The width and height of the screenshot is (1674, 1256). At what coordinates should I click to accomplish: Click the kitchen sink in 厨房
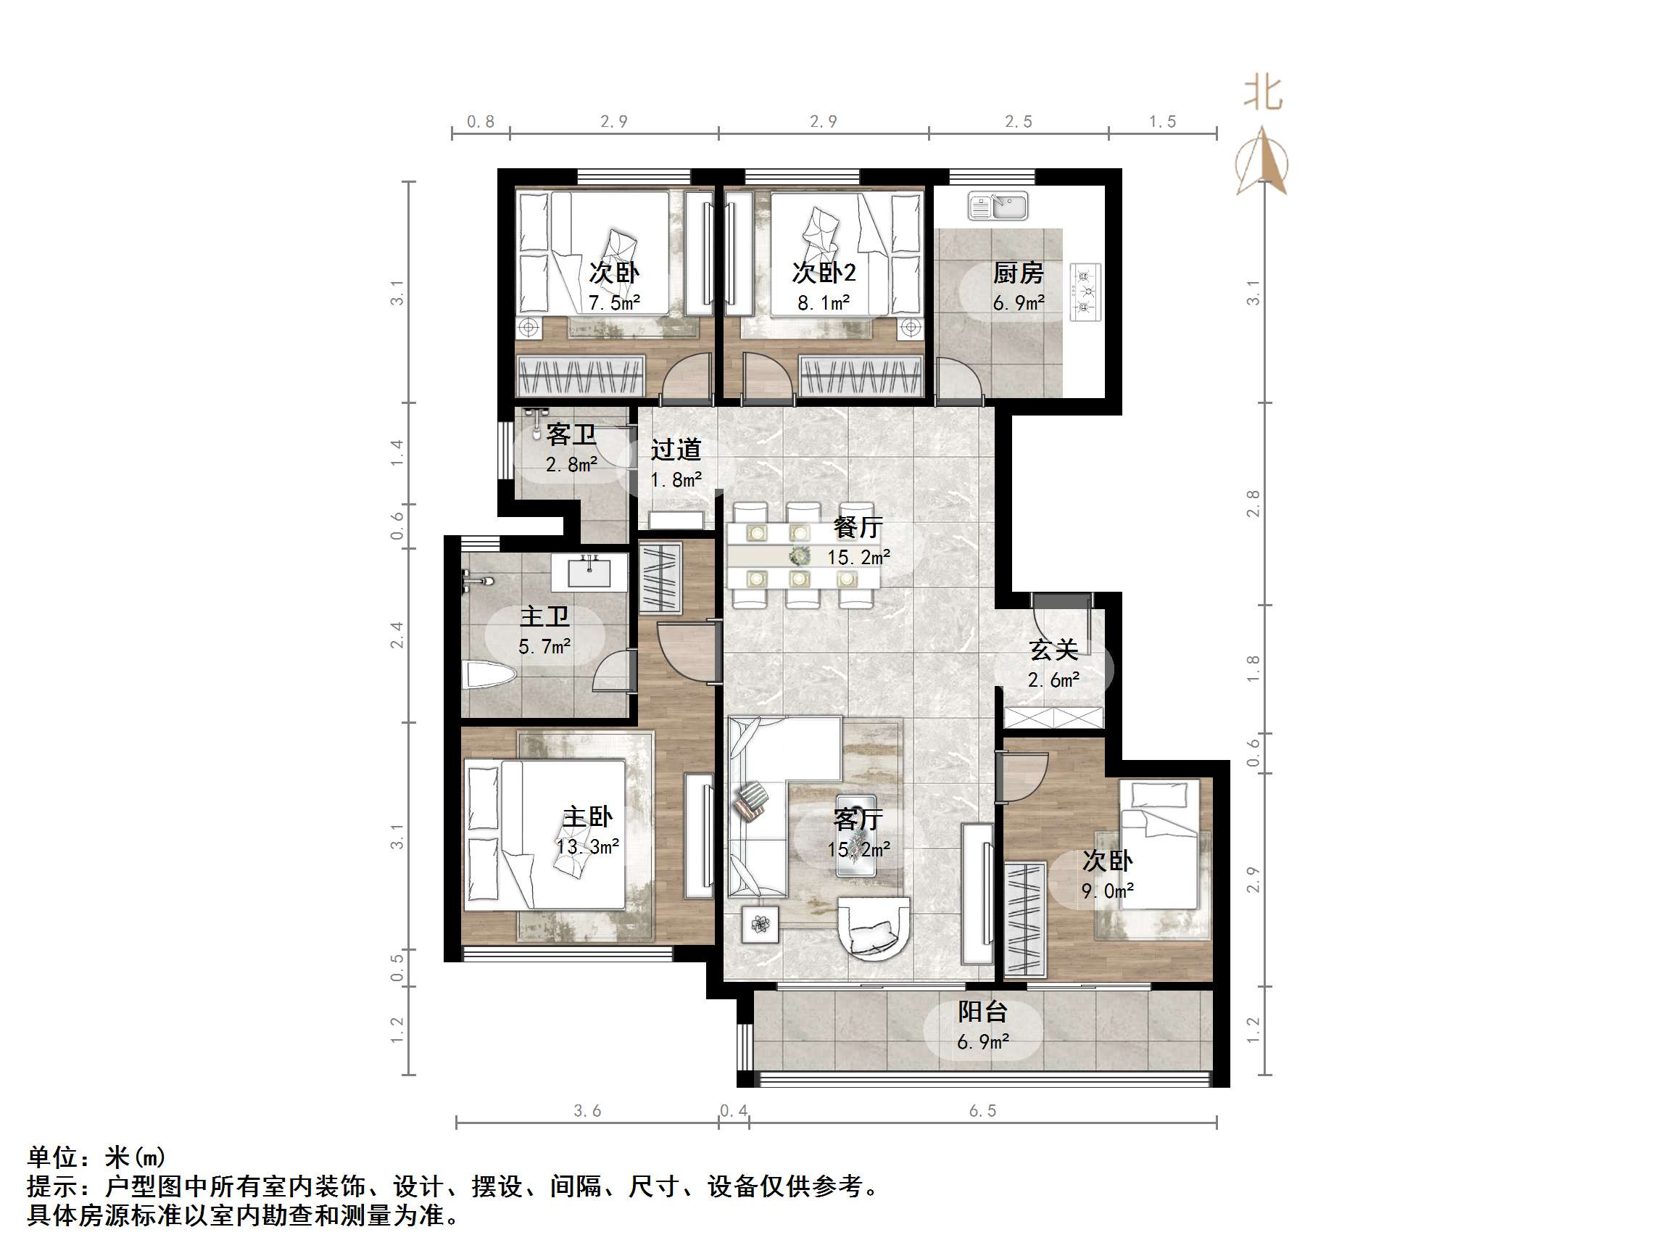click(x=998, y=206)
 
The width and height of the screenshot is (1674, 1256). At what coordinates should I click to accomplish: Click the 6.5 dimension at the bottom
click(x=982, y=1111)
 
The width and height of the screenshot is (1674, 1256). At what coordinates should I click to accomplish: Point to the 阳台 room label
click(x=982, y=1012)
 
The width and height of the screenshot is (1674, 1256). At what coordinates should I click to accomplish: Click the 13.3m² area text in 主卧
click(x=587, y=846)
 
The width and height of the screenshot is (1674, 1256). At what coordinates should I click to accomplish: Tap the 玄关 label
click(x=1053, y=650)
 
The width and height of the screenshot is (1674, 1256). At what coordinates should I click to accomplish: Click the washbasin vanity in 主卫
click(x=589, y=571)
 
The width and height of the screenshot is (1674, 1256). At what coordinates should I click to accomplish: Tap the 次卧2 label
click(x=824, y=273)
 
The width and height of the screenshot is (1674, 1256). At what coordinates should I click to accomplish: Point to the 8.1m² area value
click(x=824, y=304)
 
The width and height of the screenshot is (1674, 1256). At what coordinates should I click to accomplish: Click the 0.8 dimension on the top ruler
click(x=480, y=121)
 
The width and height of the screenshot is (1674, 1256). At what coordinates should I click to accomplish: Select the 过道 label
click(x=675, y=450)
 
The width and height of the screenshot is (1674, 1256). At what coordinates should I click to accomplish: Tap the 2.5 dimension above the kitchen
click(x=1018, y=121)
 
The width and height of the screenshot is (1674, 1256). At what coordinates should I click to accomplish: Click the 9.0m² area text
click(x=1107, y=892)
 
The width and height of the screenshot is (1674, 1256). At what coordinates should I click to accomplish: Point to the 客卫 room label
click(x=571, y=434)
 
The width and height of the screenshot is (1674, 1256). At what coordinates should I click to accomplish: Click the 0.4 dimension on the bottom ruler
click(x=733, y=1111)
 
